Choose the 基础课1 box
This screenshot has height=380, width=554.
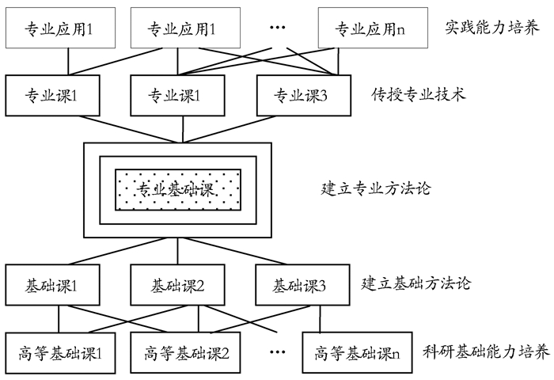click(x=52, y=284)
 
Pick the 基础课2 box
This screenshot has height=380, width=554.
click(x=177, y=284)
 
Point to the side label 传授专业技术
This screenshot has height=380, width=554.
click(x=417, y=95)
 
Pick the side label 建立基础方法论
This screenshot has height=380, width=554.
click(x=416, y=283)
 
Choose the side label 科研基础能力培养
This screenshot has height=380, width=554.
click(x=486, y=351)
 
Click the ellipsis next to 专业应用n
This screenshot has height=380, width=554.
click(x=277, y=28)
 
